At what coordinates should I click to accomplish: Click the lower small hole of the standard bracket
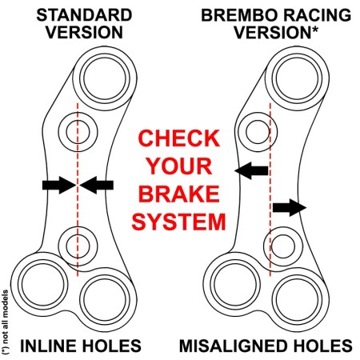tap(78, 238)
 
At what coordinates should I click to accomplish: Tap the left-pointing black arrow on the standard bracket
tap(98, 185)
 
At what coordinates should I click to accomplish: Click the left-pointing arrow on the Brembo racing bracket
tap(251, 170)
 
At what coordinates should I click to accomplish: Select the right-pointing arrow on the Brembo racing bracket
tap(290, 208)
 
